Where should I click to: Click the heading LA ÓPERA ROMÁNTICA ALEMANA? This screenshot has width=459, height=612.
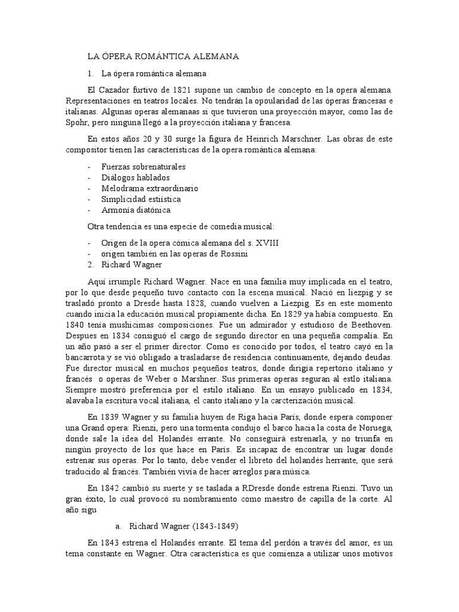163,56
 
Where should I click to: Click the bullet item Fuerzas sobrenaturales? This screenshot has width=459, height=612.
143,166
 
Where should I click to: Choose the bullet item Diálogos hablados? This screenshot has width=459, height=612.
136,177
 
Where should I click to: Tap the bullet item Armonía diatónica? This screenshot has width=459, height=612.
136,210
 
